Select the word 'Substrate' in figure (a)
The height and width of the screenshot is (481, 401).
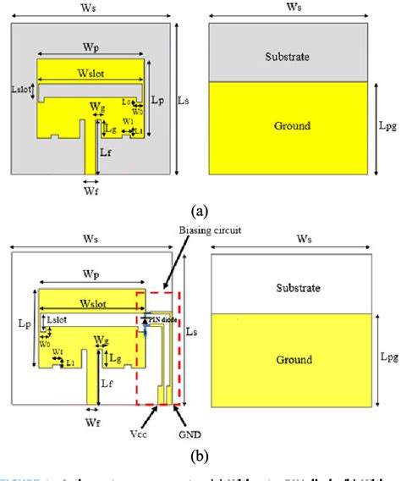tap(288, 57)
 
